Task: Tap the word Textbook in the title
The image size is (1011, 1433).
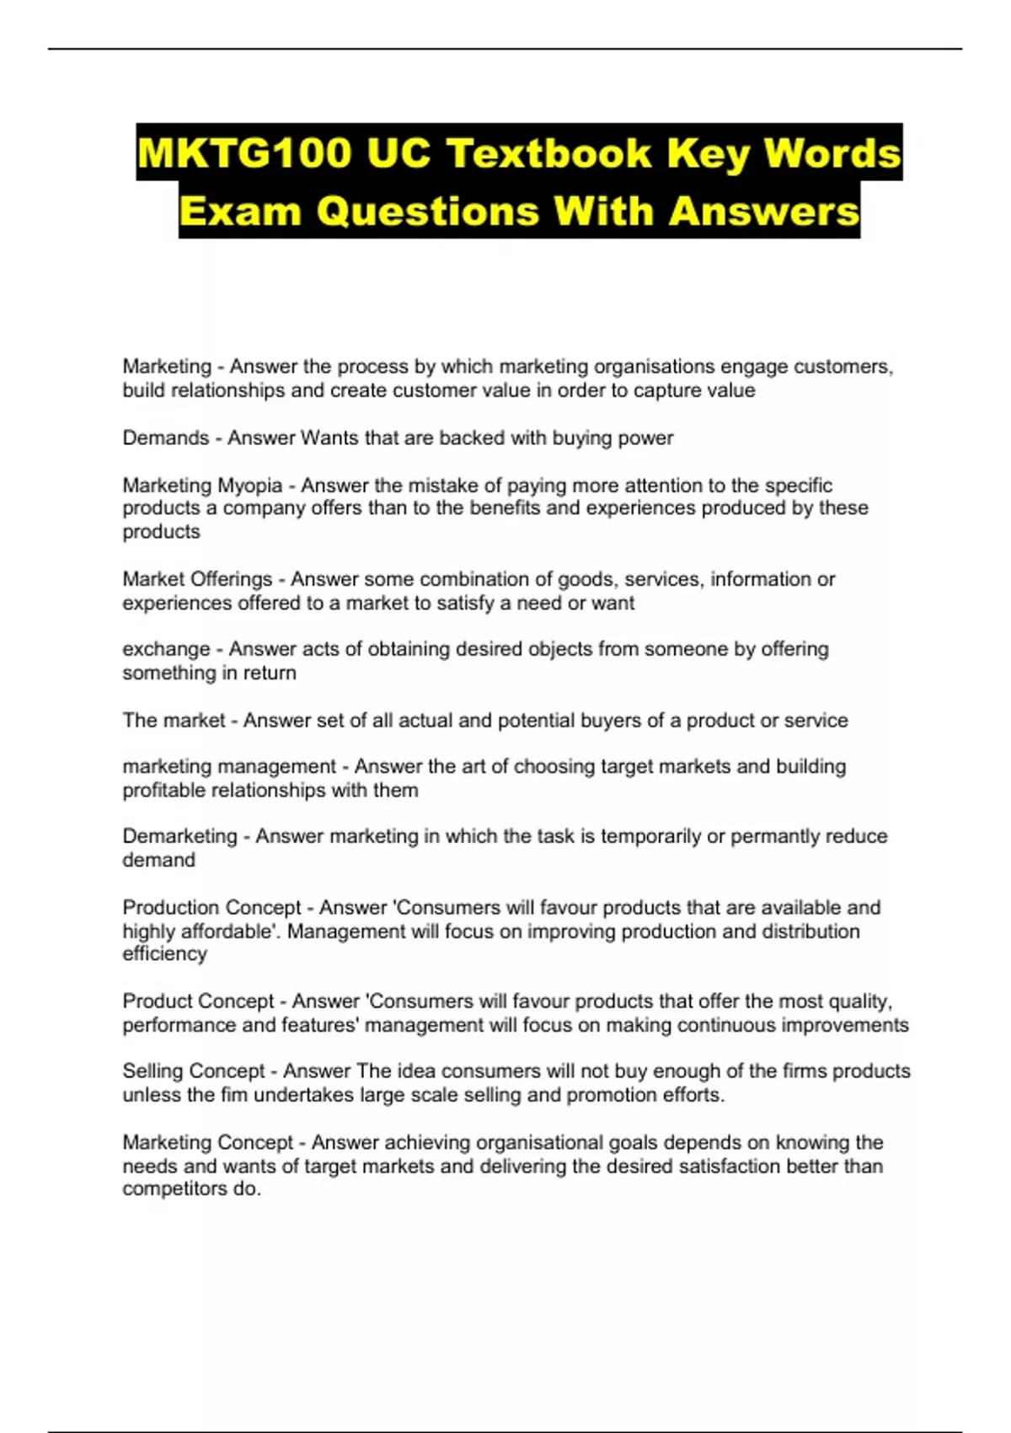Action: point(548,153)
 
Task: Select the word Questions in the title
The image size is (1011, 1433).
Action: point(428,211)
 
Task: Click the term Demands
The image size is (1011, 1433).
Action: point(165,438)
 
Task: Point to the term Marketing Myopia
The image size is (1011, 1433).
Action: point(202,486)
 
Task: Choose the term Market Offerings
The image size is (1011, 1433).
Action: point(197,579)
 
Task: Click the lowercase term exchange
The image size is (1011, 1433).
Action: point(166,649)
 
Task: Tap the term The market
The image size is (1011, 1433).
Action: point(174,721)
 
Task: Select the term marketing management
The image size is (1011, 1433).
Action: point(229,766)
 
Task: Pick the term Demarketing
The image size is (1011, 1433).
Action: point(179,836)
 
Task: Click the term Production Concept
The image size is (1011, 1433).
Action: point(211,908)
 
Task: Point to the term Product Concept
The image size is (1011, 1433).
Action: point(198,1001)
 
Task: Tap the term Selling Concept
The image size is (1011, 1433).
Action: point(194,1071)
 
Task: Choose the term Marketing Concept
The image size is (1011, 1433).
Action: point(208,1142)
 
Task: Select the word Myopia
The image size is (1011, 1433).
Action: point(249,486)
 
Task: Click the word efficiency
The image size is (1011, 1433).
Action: point(164,954)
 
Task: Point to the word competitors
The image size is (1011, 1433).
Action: point(168,1189)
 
